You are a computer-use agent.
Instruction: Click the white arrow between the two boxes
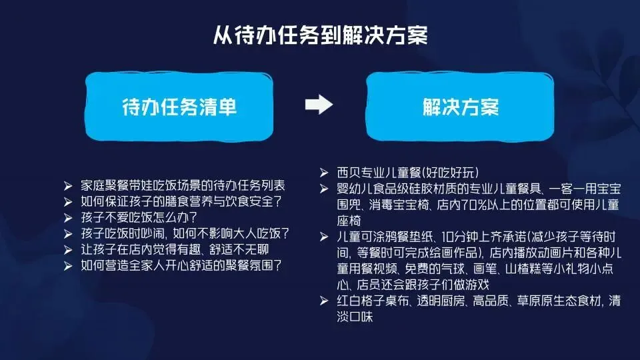click(319, 105)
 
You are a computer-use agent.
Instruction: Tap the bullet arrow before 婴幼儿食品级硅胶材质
click(324, 189)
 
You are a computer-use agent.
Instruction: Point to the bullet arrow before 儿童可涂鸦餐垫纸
click(324, 237)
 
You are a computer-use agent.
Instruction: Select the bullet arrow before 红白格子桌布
click(324, 302)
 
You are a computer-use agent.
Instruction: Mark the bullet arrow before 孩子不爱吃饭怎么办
click(67, 218)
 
